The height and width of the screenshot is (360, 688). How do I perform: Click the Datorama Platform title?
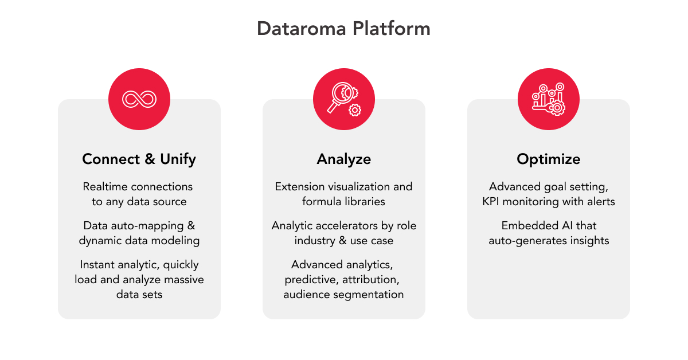343,29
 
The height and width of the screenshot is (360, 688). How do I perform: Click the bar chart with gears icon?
549,99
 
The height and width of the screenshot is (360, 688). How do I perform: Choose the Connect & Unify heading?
139,159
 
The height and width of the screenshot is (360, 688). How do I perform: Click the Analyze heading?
343,159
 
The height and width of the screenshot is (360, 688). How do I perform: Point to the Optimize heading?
549,159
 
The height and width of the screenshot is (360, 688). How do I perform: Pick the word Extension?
300,186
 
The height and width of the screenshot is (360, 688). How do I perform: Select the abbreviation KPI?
491,202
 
